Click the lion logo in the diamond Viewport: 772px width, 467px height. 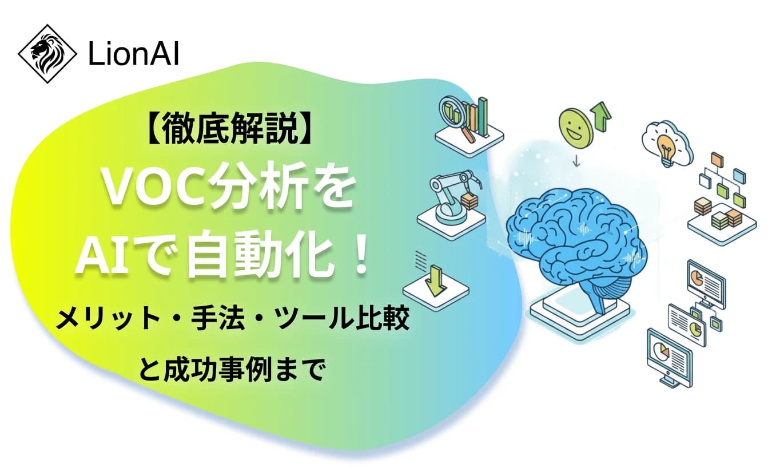[47, 54]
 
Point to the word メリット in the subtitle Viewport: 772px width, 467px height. [108, 318]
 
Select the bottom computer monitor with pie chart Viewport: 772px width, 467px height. [668, 355]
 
